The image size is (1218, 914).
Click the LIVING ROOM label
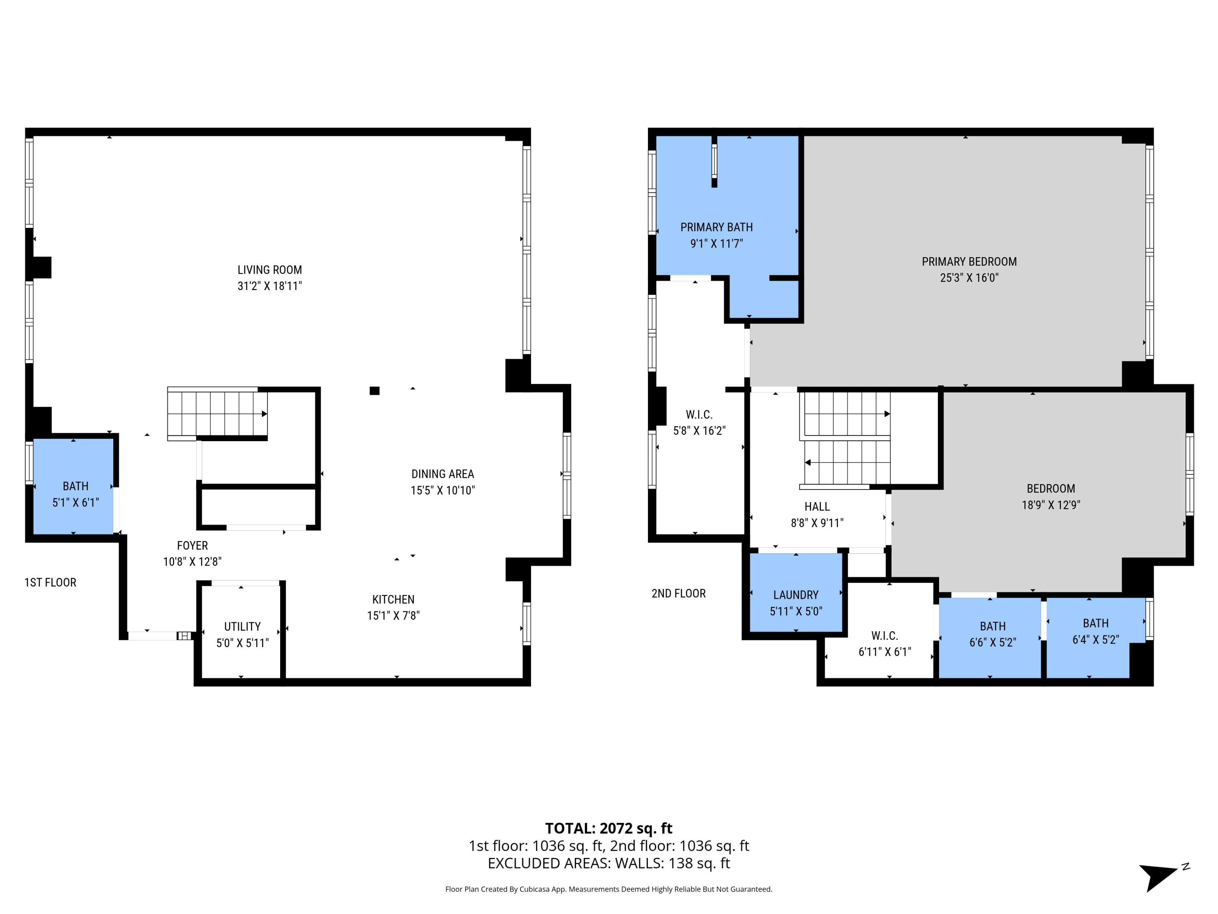coord(269,270)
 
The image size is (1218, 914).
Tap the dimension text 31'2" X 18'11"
coord(269,286)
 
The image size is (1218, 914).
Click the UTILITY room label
coord(242,626)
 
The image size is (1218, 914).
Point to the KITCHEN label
coord(393,600)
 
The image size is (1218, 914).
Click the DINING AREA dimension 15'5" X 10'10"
coord(442,490)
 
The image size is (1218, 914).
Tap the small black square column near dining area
coord(374,391)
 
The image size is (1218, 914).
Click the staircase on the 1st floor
coord(218,413)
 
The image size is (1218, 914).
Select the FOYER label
coord(192,546)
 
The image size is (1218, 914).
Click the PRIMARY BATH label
coord(716,227)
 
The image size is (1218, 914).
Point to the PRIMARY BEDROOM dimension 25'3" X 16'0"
coord(969,278)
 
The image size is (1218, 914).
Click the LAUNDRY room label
coord(796,595)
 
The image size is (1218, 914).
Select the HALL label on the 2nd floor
coord(816,506)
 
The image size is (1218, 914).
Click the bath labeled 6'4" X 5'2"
coord(1095,631)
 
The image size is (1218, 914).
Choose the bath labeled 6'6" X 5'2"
coord(992,634)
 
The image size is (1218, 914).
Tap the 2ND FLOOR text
coord(678,593)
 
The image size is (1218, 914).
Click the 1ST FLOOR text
coord(50,583)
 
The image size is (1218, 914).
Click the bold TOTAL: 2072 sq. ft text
coord(609,828)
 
